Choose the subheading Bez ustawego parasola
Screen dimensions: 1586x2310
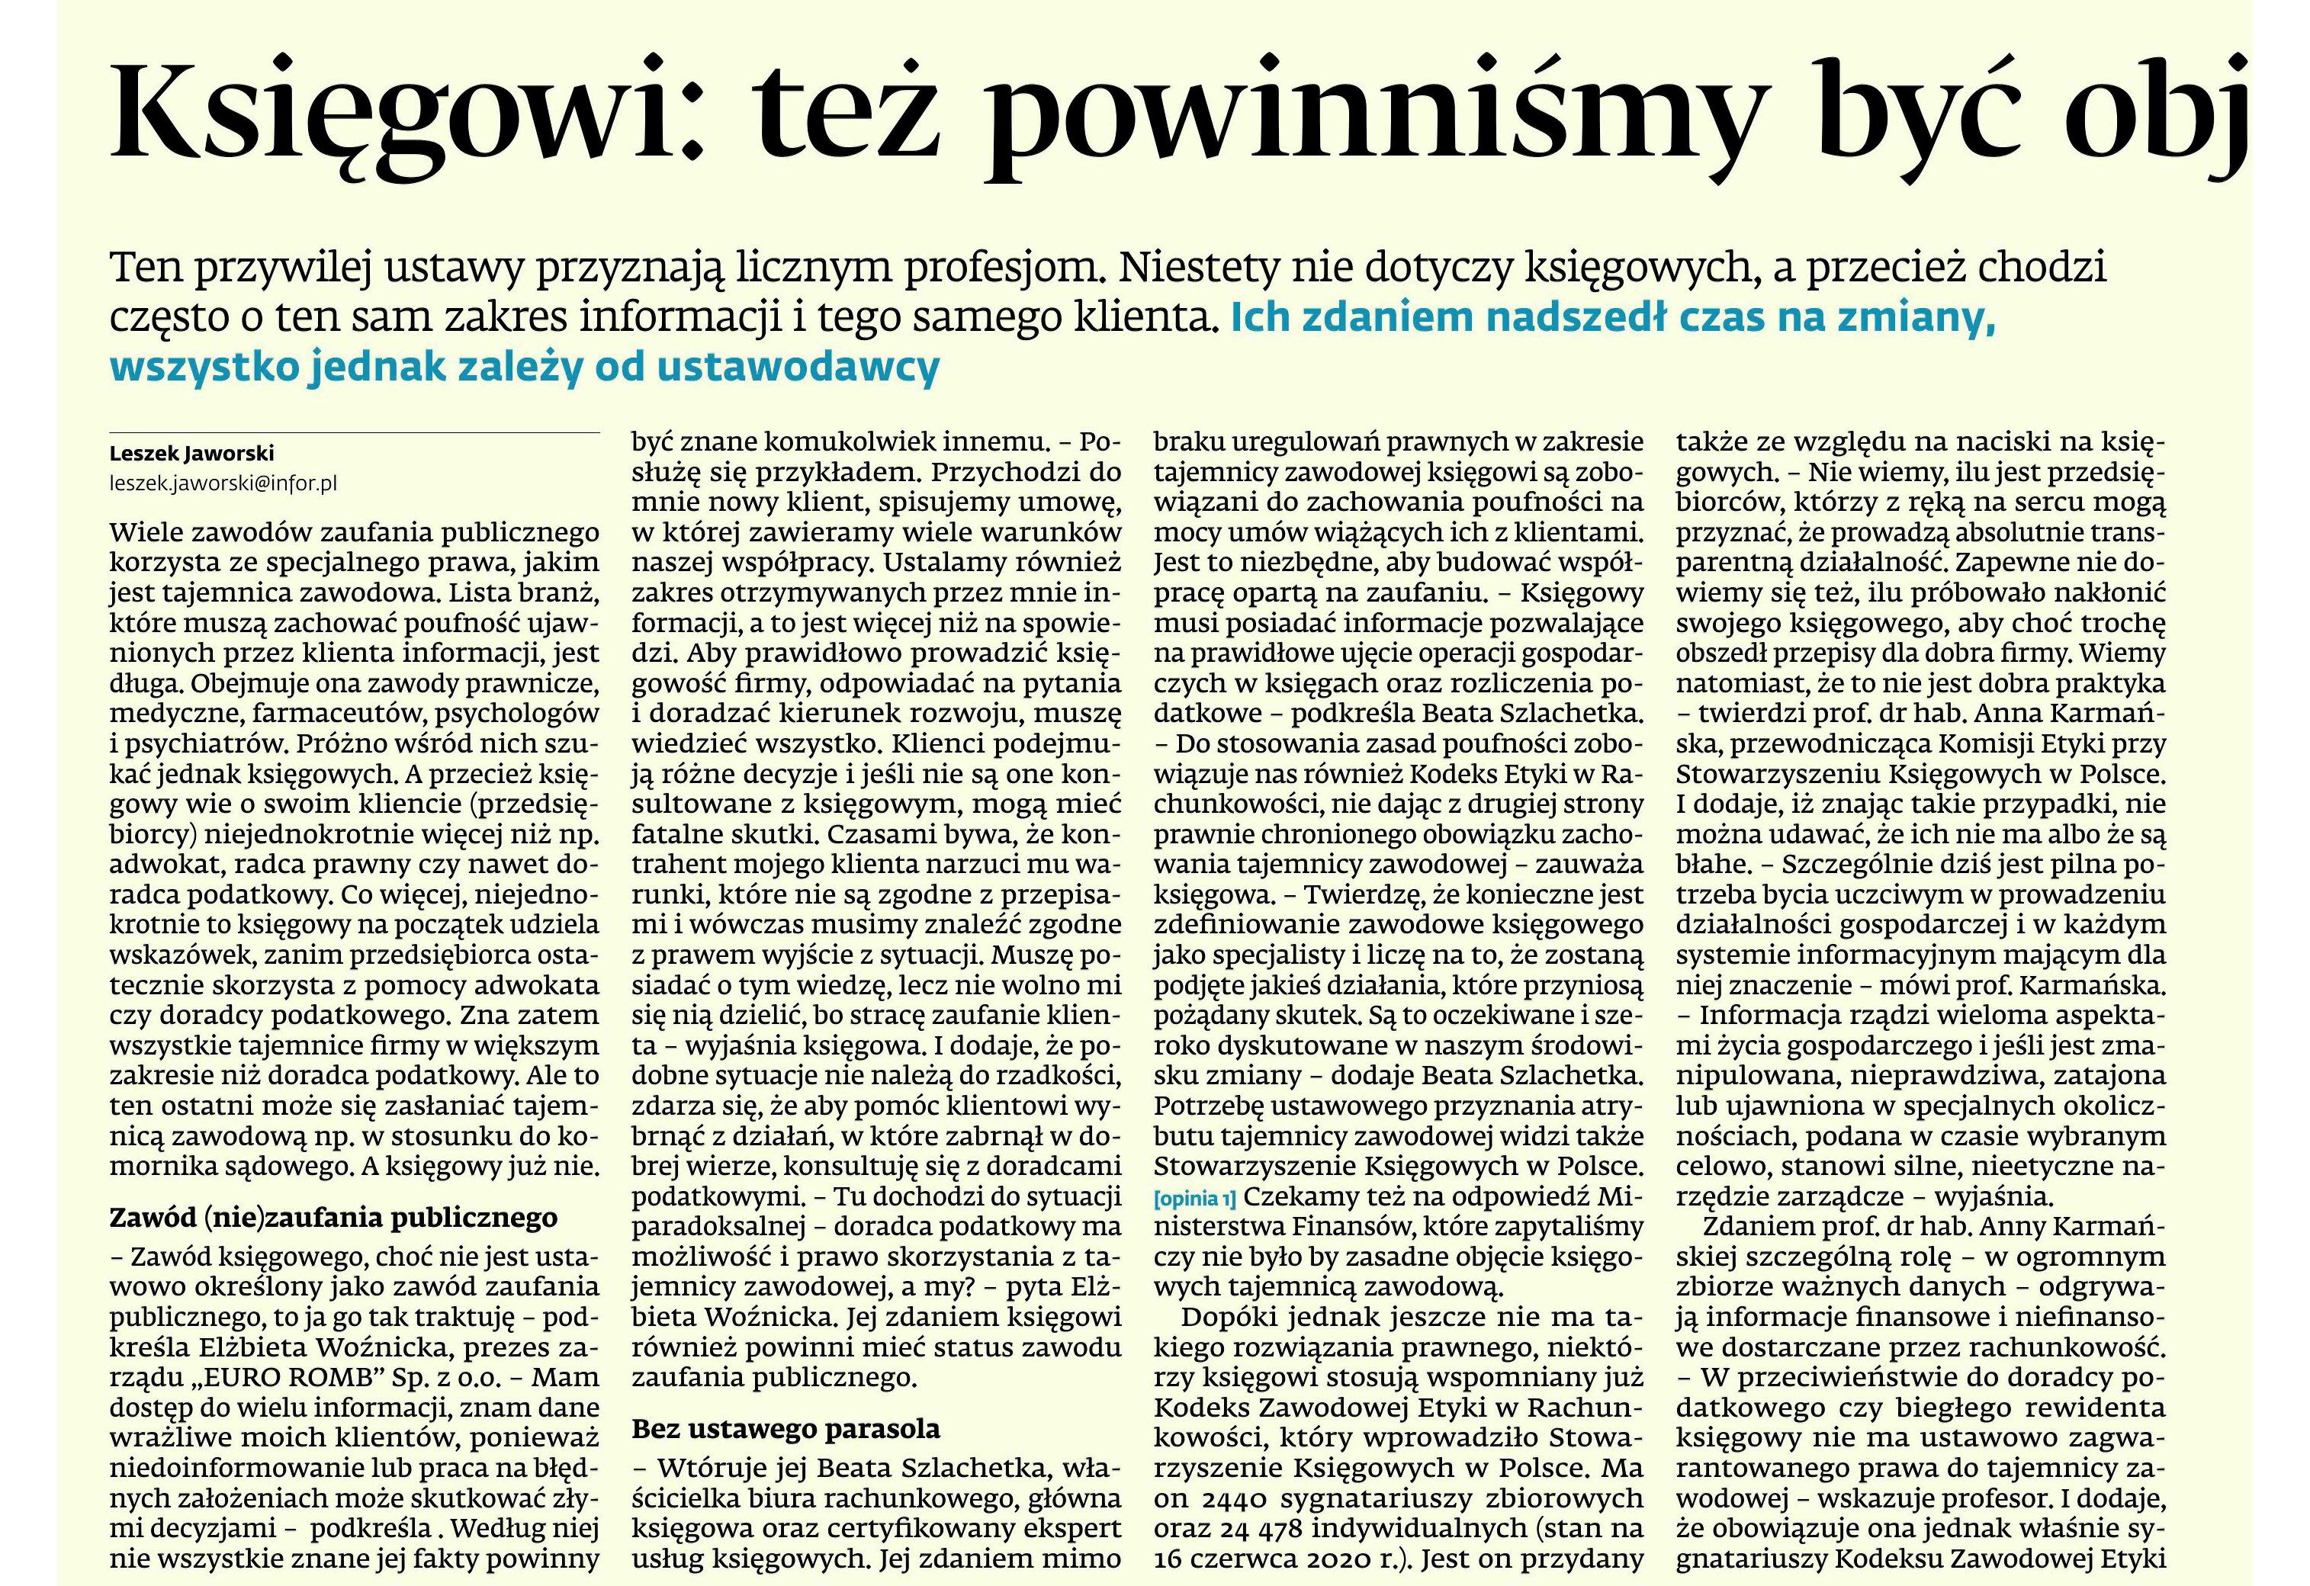pyautogui.click(x=786, y=1429)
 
